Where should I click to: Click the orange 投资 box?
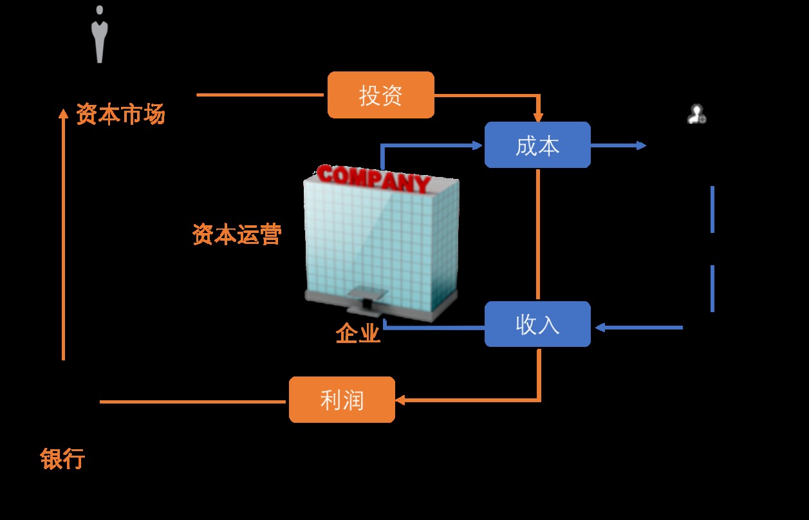(x=381, y=95)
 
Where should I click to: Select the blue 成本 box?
(x=537, y=145)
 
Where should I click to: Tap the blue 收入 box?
(x=537, y=324)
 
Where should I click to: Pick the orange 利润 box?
(x=342, y=400)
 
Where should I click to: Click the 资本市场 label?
(x=120, y=115)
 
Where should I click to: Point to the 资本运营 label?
(x=237, y=235)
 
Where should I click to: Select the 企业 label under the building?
(x=358, y=333)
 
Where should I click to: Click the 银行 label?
(x=62, y=460)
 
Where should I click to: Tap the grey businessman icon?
(x=99, y=35)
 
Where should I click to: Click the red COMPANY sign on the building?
(x=373, y=178)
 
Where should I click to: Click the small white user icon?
(x=696, y=115)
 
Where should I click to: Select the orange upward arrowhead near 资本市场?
(x=63, y=113)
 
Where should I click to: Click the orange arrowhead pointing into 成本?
(x=538, y=117)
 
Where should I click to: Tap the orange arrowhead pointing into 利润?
(x=400, y=400)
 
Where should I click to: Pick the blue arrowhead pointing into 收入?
(x=599, y=328)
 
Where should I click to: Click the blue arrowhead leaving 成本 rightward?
(x=641, y=145)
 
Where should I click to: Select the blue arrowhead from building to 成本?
(x=478, y=145)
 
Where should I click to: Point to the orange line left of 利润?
(x=193, y=402)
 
